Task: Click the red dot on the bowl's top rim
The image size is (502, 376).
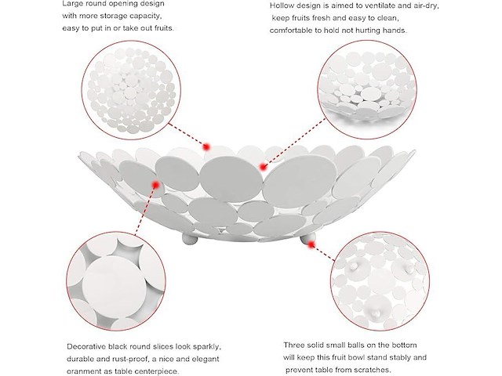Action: [206, 147]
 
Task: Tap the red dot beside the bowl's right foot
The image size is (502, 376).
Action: [311, 245]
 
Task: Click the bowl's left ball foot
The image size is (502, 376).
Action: [191, 238]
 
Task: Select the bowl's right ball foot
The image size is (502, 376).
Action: [308, 237]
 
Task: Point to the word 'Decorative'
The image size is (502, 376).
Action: [85, 346]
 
